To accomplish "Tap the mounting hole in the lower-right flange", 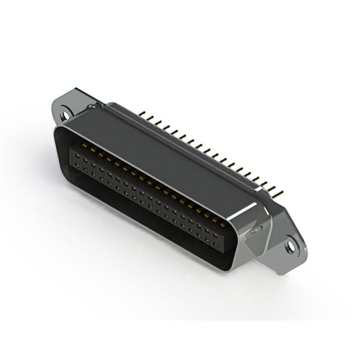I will pos(290,246).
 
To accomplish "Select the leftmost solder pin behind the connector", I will pos(142,114).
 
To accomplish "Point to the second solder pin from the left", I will pos(150,118).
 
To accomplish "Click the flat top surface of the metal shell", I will pos(169,152).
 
